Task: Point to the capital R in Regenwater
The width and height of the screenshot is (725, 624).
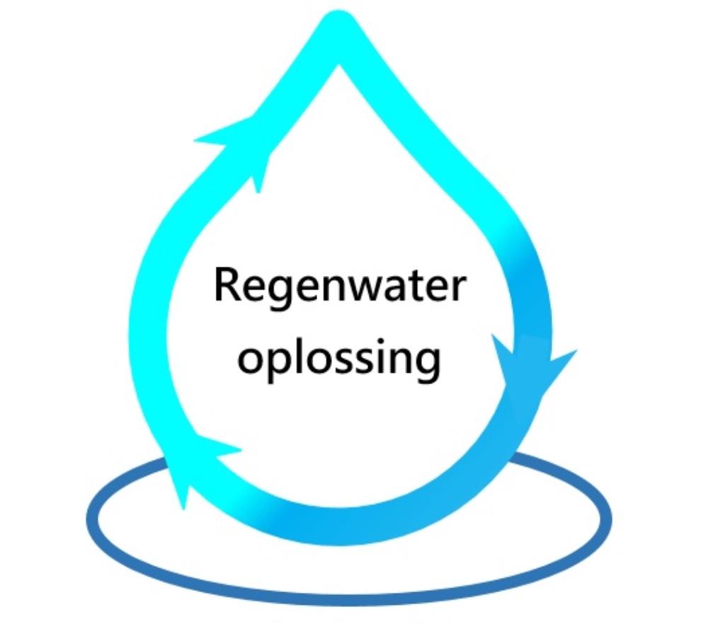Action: coord(227,285)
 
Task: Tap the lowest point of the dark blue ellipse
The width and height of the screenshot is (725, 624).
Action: coord(347,599)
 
